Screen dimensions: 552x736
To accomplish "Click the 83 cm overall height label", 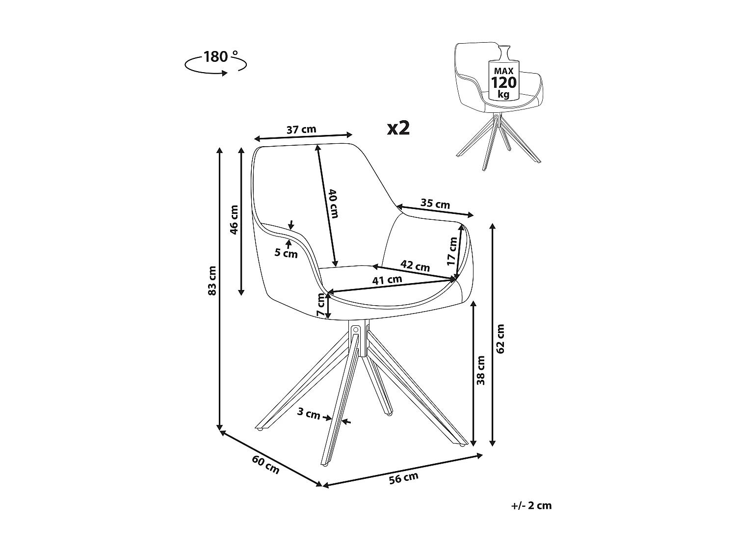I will click(212, 281).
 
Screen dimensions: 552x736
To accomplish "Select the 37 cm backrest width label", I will click(301, 130).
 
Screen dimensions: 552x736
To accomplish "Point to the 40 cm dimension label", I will click(334, 203).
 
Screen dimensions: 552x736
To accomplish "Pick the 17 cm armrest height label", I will click(452, 251).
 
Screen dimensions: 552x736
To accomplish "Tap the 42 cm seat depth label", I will click(415, 266).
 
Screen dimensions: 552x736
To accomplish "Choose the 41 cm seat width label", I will click(387, 281).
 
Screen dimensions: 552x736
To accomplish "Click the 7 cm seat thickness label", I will click(320, 305).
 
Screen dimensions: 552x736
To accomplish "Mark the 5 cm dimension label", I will click(286, 253).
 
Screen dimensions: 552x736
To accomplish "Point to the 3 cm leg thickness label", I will click(309, 414).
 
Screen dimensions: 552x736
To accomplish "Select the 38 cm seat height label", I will click(481, 370).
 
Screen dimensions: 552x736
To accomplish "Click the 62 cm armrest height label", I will click(500, 339).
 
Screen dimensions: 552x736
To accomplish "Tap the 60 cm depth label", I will click(265, 465).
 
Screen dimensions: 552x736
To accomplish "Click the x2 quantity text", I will click(398, 128).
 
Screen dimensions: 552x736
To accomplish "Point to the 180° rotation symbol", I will click(215, 62).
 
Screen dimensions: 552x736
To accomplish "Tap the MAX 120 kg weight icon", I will click(504, 78).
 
